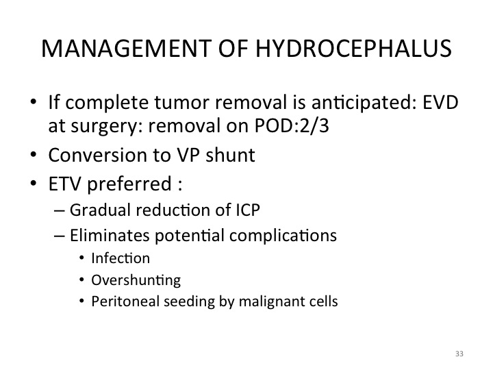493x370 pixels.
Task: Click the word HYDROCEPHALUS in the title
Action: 353,49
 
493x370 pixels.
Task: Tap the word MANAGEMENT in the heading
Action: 127,49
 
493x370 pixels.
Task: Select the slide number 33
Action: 459,354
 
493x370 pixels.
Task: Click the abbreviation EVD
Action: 440,103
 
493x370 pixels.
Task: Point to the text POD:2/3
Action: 292,126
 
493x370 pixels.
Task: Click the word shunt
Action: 231,155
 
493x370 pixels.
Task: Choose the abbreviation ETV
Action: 65,184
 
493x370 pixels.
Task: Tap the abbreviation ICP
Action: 248,210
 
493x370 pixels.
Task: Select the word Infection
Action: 121,258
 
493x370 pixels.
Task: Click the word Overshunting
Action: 136,280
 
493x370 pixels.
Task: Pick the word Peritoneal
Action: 125,301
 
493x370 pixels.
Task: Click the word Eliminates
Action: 110,235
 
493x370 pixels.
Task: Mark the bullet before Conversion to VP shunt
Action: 34,155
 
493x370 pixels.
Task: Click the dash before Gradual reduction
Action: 60,210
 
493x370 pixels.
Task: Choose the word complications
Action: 283,236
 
